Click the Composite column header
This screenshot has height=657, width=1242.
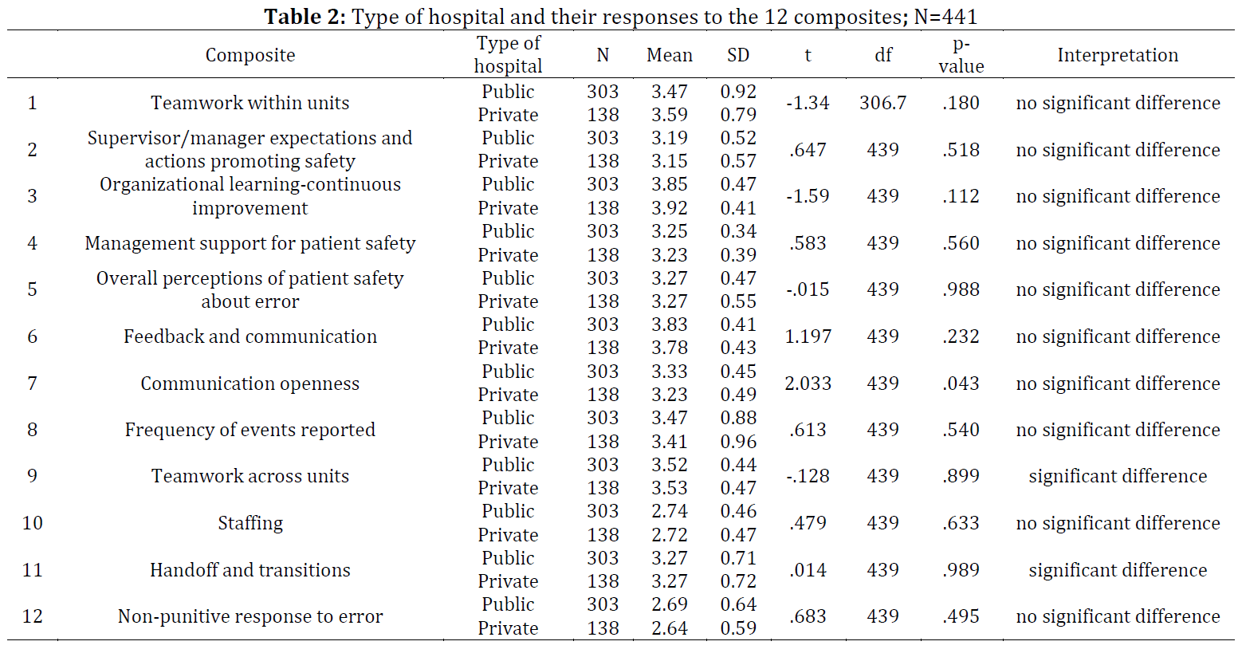point(250,55)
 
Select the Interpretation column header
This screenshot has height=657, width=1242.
point(1118,55)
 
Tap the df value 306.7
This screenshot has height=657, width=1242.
point(882,103)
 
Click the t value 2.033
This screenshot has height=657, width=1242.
point(808,383)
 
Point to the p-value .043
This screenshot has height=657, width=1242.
point(961,383)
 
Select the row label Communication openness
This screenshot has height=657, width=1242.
point(250,383)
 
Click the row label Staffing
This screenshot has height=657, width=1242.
point(250,523)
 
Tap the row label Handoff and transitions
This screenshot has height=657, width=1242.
point(250,570)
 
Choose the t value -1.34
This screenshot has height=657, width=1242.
point(808,103)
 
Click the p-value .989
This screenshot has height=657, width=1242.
point(961,570)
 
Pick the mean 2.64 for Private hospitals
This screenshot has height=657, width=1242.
point(670,628)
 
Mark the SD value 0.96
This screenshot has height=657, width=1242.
point(738,442)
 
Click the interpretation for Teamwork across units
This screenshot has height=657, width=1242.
point(1118,476)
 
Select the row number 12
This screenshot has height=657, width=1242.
point(32,616)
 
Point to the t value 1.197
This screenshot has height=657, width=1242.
point(808,336)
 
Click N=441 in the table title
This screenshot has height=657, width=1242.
point(945,17)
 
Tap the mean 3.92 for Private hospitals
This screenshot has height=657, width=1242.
point(670,208)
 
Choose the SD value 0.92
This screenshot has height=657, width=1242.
point(738,91)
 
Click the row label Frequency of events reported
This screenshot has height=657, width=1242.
point(250,430)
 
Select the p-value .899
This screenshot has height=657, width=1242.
point(961,476)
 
